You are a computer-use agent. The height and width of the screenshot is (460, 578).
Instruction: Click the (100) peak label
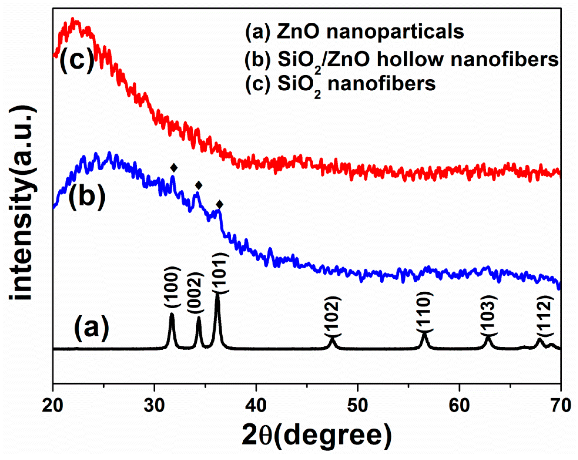point(171,287)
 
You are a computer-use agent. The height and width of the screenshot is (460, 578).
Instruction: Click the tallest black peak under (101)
point(218,296)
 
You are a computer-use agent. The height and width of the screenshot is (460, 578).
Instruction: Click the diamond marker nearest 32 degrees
point(174,168)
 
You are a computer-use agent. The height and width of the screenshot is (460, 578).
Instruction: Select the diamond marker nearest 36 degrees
point(220,204)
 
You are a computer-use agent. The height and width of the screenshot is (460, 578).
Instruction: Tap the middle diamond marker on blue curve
point(199,185)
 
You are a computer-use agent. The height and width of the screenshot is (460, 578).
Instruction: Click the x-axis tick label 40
point(256,405)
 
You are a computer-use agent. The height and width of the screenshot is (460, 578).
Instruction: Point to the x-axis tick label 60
point(459,405)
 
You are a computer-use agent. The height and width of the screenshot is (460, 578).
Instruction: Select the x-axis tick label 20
point(52,405)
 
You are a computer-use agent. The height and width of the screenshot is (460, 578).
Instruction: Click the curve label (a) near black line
point(92,328)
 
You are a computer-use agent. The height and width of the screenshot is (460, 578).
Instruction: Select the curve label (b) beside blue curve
point(87,196)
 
